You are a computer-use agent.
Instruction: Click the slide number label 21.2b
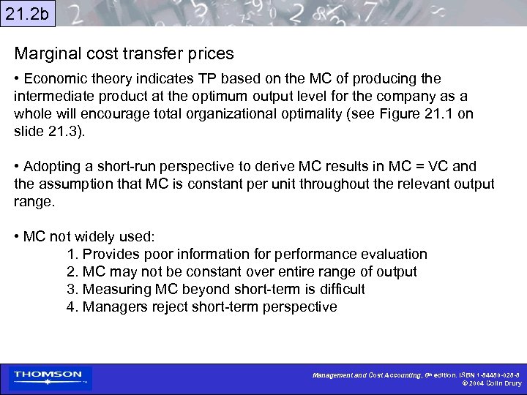pos(27,12)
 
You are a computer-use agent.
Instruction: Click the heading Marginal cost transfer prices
pos(124,53)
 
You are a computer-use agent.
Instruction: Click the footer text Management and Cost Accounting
pos(367,375)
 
